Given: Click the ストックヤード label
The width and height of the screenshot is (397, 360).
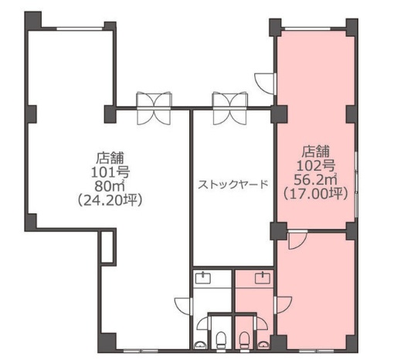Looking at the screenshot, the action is click(x=233, y=184).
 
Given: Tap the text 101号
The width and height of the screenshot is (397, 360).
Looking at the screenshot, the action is click(x=110, y=172).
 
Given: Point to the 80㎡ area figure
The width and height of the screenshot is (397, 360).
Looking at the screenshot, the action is click(x=110, y=186).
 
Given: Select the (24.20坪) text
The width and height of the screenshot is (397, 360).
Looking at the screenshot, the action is click(x=110, y=200).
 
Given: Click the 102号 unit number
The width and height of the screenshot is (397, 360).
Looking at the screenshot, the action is click(x=316, y=165).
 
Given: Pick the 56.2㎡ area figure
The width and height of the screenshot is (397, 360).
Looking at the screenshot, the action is click(x=316, y=179).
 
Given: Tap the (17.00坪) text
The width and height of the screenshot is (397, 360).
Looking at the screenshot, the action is click(x=316, y=193).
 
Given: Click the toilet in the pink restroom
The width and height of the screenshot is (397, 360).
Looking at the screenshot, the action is click(x=244, y=340).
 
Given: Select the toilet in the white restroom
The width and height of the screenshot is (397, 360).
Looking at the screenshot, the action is click(x=221, y=340).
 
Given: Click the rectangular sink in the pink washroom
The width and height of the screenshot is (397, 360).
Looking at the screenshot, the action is click(x=263, y=278).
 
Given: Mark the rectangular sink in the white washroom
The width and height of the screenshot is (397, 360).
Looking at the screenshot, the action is click(x=203, y=278).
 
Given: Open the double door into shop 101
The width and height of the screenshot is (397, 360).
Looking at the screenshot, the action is click(x=154, y=108).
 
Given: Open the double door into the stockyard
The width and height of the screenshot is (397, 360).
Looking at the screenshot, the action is click(x=230, y=108).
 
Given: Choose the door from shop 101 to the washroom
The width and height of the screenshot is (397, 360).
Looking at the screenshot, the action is click(x=184, y=306).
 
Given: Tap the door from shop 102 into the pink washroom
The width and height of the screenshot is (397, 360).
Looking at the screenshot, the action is click(x=283, y=305).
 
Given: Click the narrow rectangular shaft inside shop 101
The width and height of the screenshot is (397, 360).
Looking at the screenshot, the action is click(x=107, y=247).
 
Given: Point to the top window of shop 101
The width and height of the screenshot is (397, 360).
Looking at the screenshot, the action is click(x=80, y=29).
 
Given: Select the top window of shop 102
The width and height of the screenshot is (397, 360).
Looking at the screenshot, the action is click(x=307, y=29).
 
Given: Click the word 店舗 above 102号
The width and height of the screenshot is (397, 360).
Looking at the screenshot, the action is click(x=316, y=151).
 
